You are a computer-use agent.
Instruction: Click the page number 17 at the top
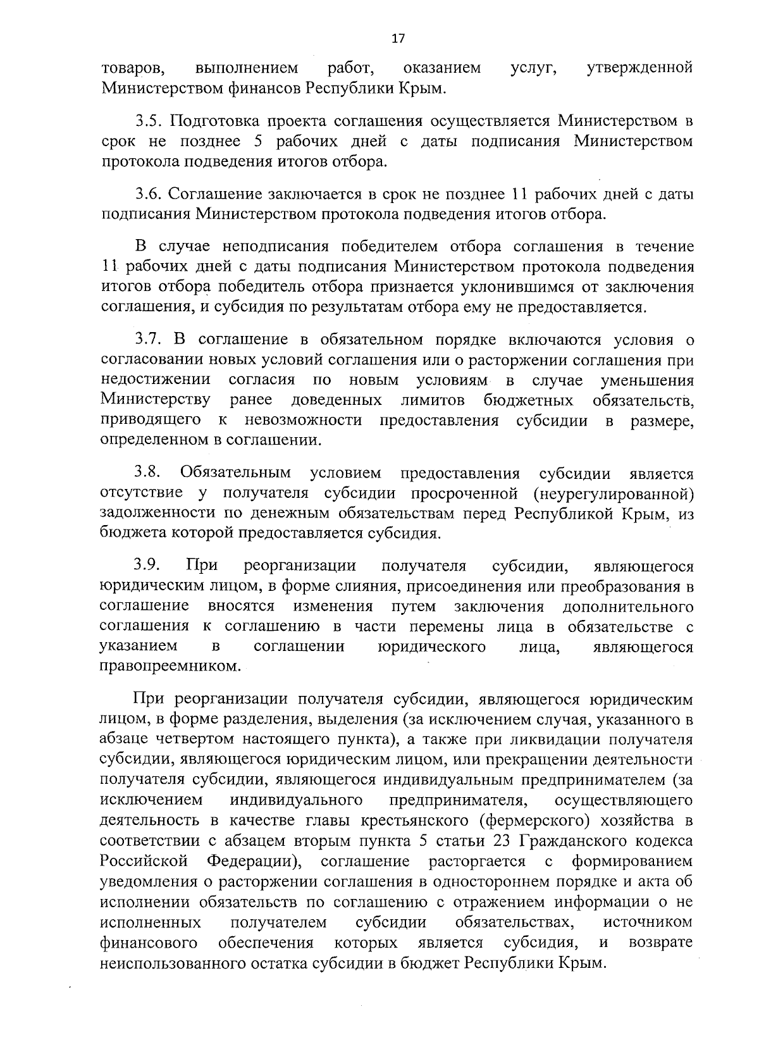pos(398,39)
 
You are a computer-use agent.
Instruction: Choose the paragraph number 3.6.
pos(149,194)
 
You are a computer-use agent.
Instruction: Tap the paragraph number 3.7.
pos(149,340)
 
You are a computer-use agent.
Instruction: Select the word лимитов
pos(433,400)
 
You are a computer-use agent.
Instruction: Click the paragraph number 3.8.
pos(149,473)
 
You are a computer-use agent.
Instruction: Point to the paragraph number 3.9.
pos(149,565)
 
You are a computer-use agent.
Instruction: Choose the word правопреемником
pos(170,667)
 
